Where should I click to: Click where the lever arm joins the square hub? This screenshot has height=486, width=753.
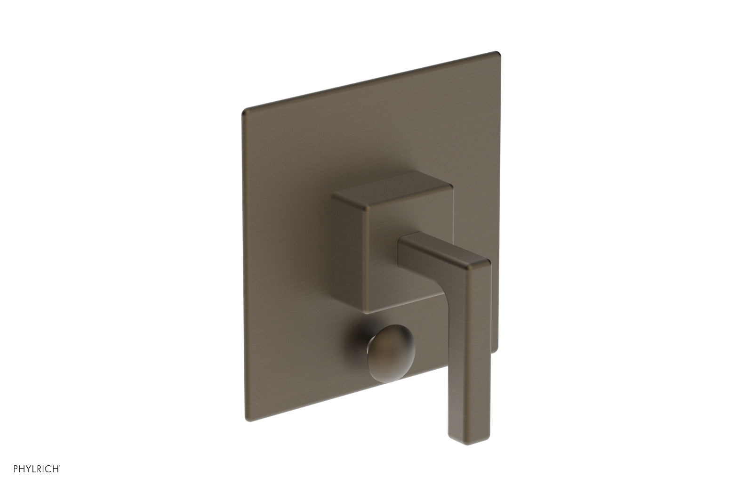pyautogui.click(x=401, y=245)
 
